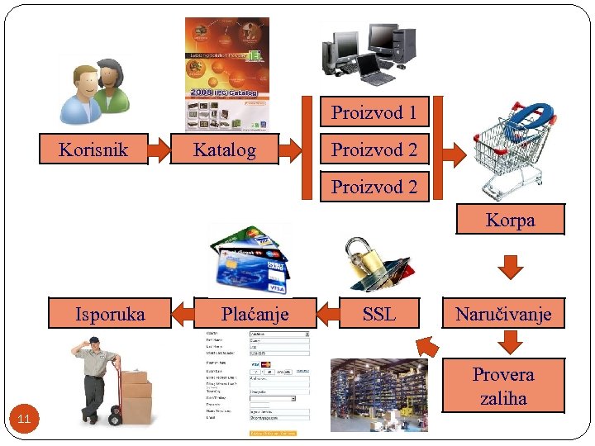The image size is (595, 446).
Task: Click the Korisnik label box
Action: [x=93, y=149]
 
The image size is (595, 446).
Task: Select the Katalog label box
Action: [x=224, y=149]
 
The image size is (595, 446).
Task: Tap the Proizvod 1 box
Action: [x=374, y=112]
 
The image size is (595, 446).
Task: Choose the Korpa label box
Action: [x=510, y=220]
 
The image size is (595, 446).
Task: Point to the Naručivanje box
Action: [x=503, y=313]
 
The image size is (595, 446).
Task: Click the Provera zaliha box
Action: [x=503, y=386]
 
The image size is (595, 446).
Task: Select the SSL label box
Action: [x=379, y=313]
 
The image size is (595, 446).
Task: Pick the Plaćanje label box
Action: [x=255, y=313]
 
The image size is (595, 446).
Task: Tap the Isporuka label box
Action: [x=110, y=313]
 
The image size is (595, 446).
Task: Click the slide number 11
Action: [x=24, y=420]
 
